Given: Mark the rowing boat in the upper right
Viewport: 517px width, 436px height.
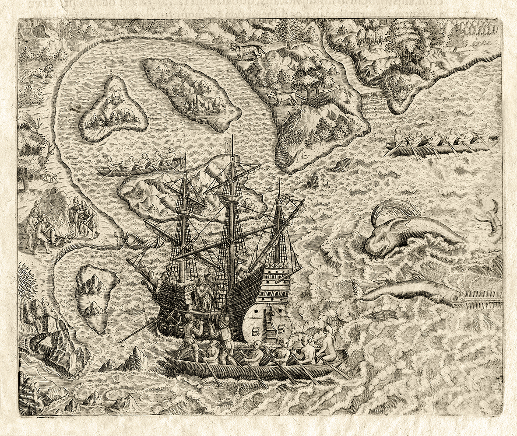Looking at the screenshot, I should pyautogui.click(x=442, y=144).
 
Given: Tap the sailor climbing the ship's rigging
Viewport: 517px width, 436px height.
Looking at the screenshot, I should pyautogui.click(x=243, y=261).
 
